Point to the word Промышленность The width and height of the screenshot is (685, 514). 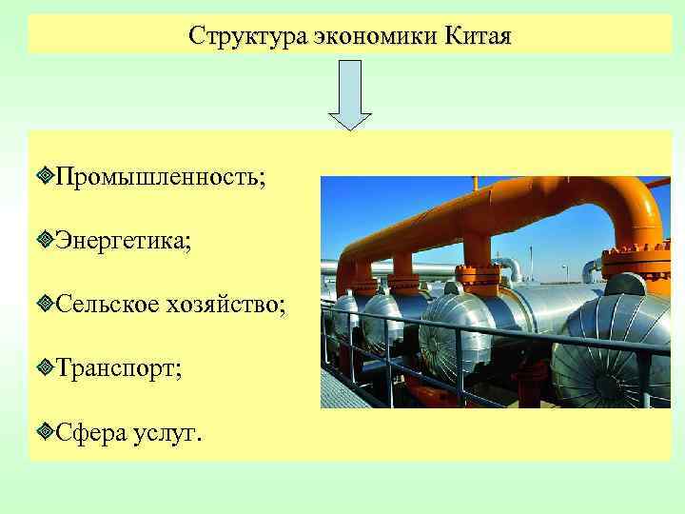(x=160, y=177)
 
